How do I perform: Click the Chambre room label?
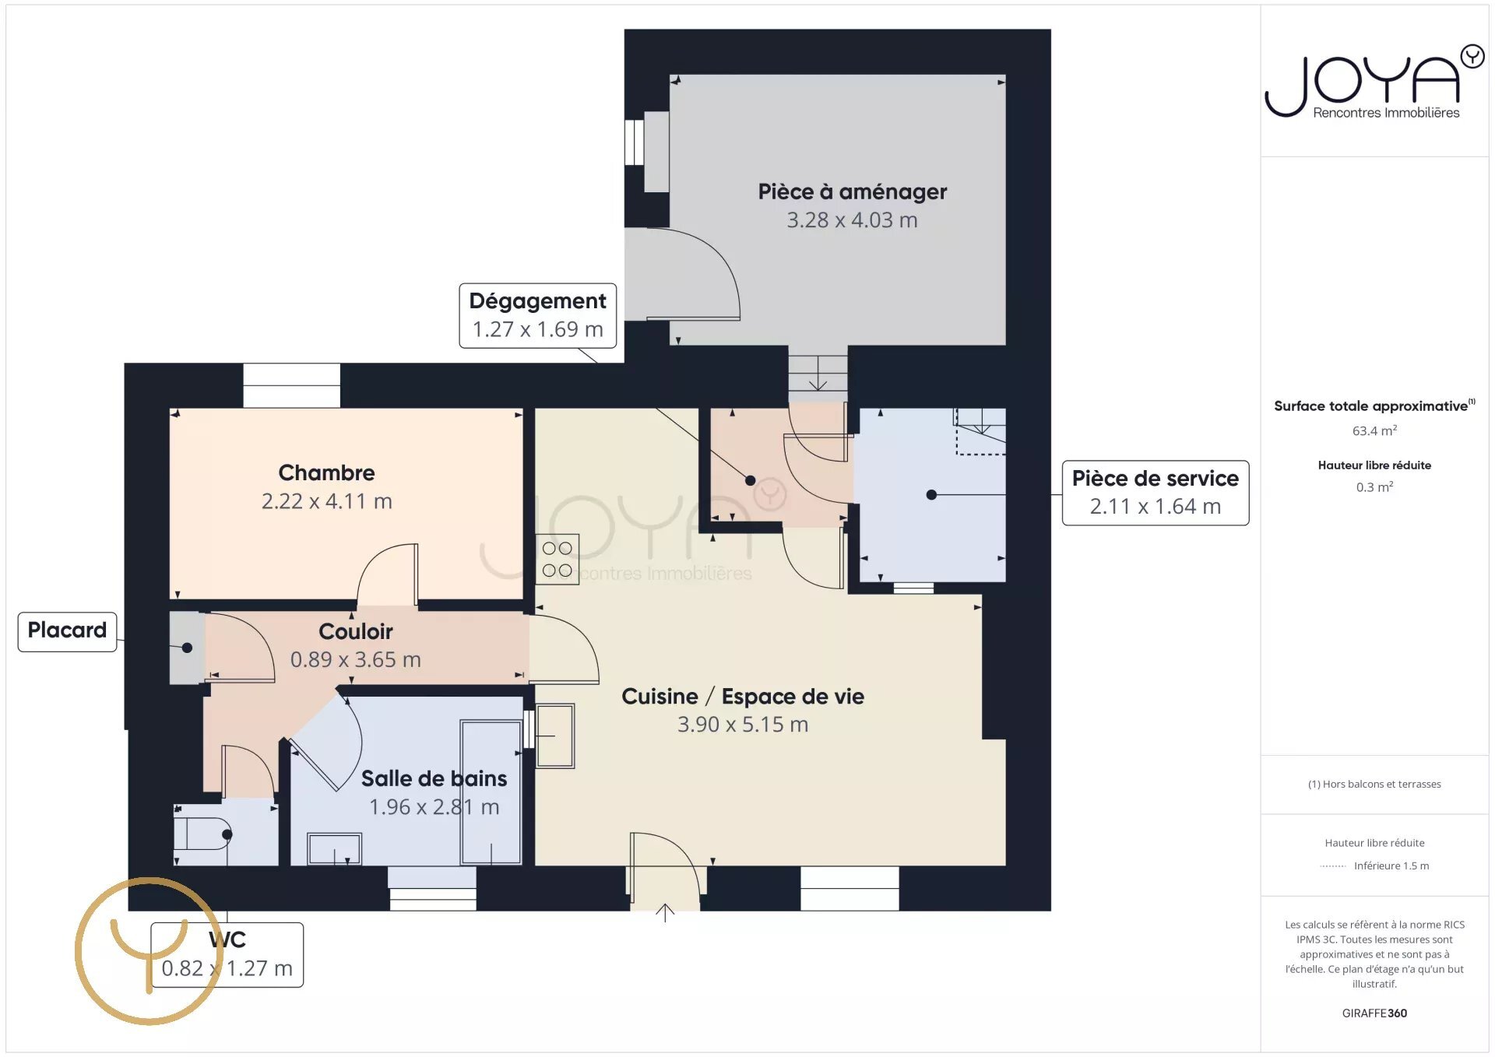click(x=326, y=472)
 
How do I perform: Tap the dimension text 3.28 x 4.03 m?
click(x=852, y=220)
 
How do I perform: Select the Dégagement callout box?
click(x=537, y=315)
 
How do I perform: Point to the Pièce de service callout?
click(x=1156, y=493)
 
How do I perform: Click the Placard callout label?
click(x=67, y=630)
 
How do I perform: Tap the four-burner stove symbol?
click(x=558, y=559)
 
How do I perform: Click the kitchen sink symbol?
click(x=554, y=736)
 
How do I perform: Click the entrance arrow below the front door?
click(x=665, y=913)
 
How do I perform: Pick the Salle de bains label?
click(x=434, y=778)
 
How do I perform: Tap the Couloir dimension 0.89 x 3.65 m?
click(x=355, y=660)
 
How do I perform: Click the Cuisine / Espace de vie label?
click(x=743, y=697)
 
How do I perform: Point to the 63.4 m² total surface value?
click(x=1374, y=430)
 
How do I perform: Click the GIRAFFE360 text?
click(x=1374, y=1013)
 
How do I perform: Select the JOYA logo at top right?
click(x=1374, y=82)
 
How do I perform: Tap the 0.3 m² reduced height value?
click(x=1374, y=486)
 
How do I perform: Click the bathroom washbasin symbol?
click(x=334, y=848)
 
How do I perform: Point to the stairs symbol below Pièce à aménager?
click(x=818, y=374)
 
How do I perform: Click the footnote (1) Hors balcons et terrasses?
click(x=1374, y=784)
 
